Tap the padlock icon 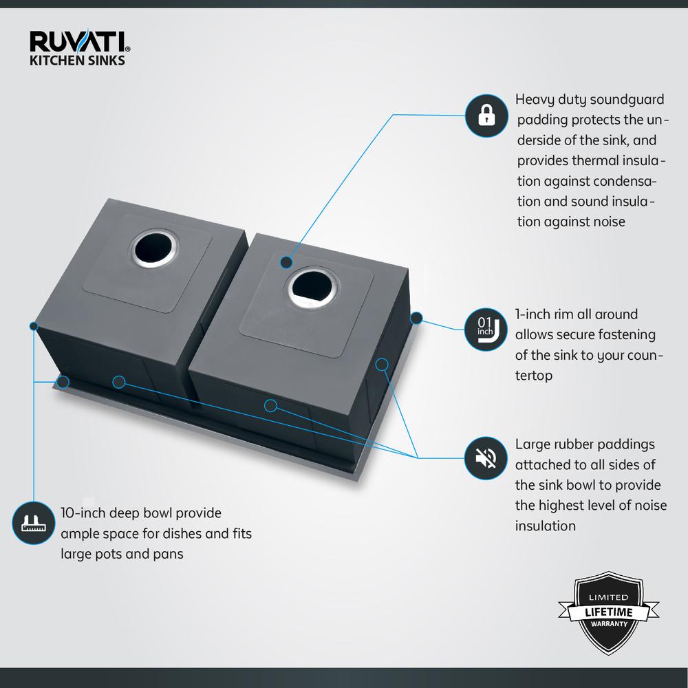tap(486, 115)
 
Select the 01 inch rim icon tap(486, 329)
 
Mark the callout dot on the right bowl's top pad tap(286, 262)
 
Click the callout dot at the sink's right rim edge tap(416, 319)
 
